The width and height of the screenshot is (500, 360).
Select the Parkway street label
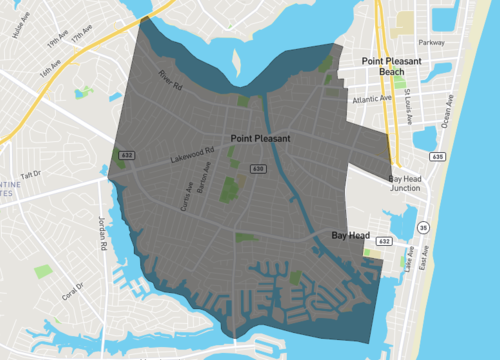pos(431,43)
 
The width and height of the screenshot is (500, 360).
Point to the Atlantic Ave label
pos(372,99)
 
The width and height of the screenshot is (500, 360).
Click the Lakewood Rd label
pos(192,156)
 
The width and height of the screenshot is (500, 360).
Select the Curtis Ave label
pos(186,196)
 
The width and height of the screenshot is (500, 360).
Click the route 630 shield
pos(259,170)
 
